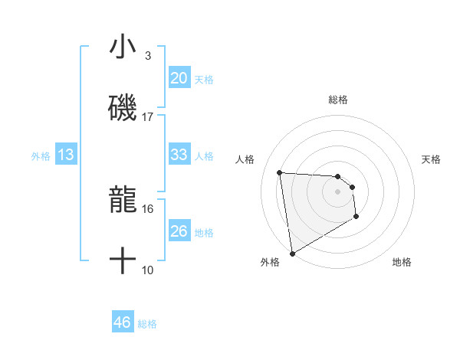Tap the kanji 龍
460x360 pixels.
click(x=123, y=201)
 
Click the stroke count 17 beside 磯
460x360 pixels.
click(x=148, y=117)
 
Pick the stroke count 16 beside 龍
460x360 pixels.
click(x=148, y=208)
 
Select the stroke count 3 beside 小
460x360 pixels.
click(x=148, y=56)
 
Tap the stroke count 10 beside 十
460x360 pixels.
click(x=148, y=270)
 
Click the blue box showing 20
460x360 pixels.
click(x=179, y=78)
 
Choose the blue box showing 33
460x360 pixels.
click(x=179, y=155)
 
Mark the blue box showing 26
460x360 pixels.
click(x=179, y=231)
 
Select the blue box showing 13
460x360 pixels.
click(x=66, y=155)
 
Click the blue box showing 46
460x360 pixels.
click(x=122, y=322)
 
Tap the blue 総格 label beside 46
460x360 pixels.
click(x=147, y=324)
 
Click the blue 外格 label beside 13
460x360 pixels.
click(x=41, y=156)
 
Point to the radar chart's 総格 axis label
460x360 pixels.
click(x=338, y=100)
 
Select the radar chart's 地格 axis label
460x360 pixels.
click(x=402, y=263)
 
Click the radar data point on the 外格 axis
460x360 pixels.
click(x=291, y=253)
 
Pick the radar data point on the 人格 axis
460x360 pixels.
click(x=280, y=172)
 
